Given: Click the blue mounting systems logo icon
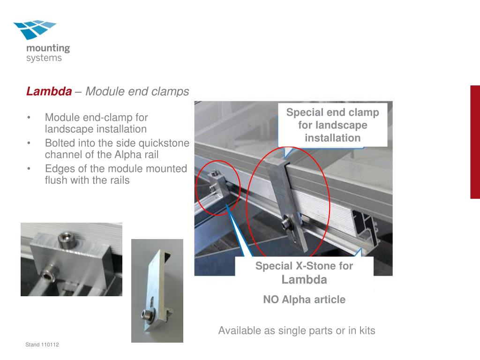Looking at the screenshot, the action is tap(35, 30).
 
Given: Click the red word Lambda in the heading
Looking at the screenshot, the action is tap(49, 91).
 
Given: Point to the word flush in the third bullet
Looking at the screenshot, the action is tap(56, 180).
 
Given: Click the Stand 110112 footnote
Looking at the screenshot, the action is tap(42, 345).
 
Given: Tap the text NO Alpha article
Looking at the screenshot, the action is tap(304, 300).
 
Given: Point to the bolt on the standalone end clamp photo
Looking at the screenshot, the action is tap(146, 315).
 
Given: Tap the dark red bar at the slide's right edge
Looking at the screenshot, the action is tap(475, 142).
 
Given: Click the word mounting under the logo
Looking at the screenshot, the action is tap(48, 48).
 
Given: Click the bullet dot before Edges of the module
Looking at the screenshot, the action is tap(29, 169).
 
